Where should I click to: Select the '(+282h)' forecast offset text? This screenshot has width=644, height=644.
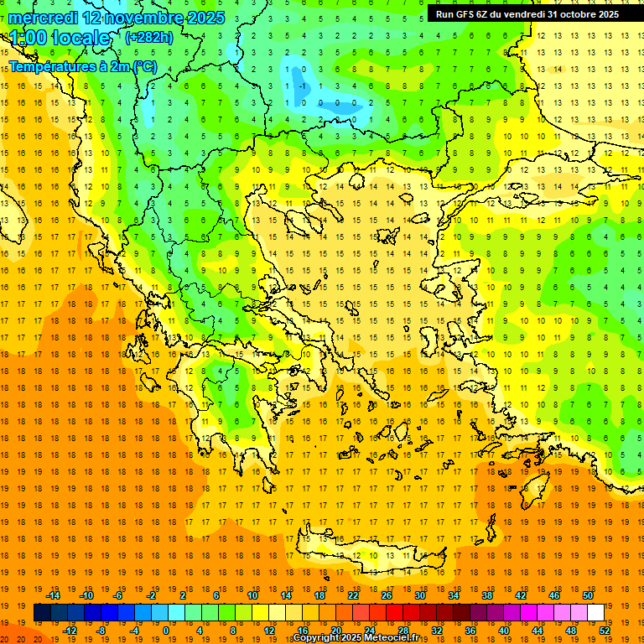coord(148,38)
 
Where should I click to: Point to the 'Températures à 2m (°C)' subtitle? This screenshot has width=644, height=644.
coord(82,65)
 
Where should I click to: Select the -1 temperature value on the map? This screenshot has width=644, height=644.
coord(301,86)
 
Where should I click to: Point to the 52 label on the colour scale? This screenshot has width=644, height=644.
coord(605,631)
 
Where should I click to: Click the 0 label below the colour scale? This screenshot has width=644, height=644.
coord(166,631)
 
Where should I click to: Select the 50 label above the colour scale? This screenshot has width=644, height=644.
coord(588,595)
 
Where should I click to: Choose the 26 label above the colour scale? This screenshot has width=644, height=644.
coord(387,595)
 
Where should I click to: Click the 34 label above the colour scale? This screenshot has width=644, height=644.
coord(454,595)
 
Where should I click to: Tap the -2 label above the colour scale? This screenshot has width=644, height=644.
coord(152,595)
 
